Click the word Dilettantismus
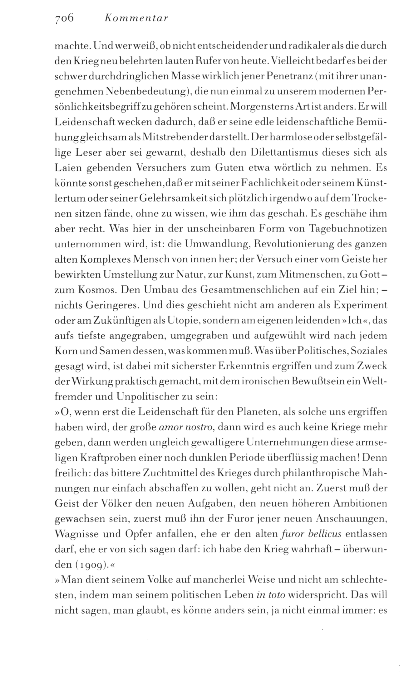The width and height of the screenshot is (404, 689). point(287,153)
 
